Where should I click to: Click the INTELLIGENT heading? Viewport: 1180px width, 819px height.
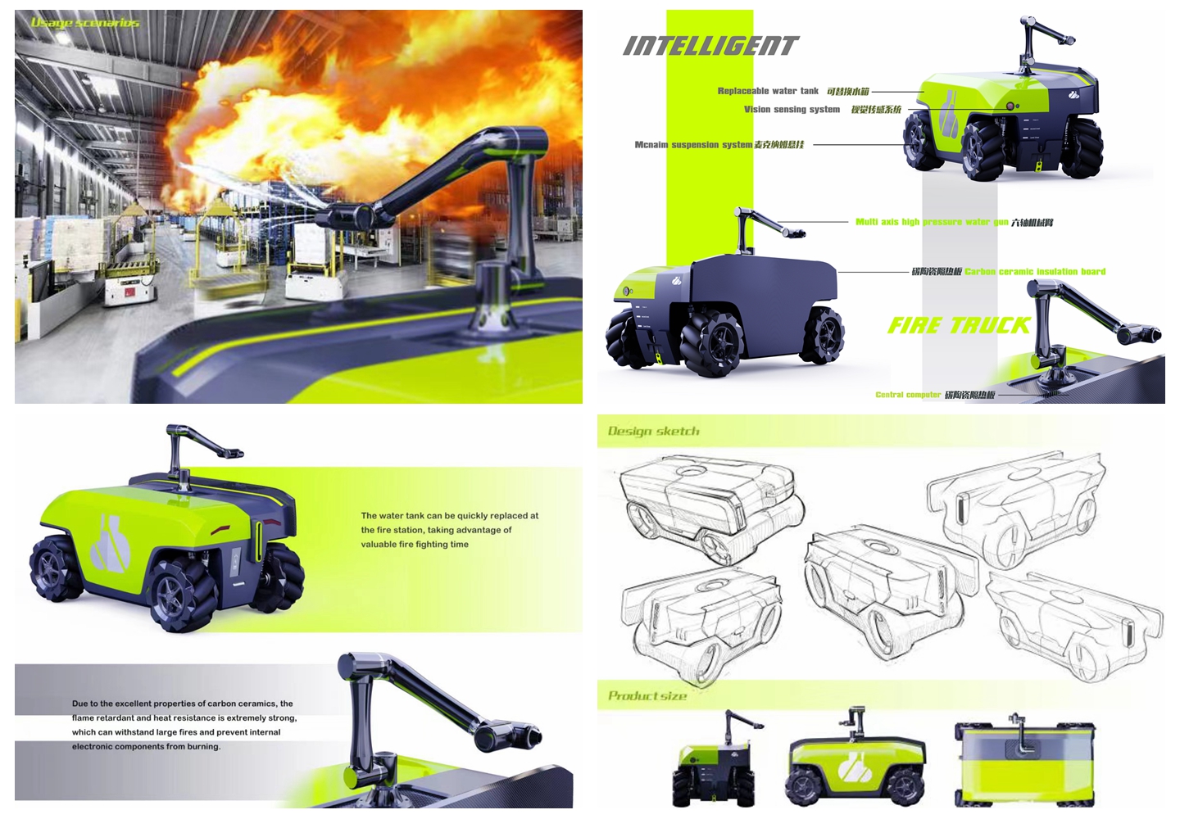pos(710,46)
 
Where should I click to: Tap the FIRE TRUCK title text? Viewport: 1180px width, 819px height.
pos(959,326)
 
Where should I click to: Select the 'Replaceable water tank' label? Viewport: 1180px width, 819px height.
pos(768,91)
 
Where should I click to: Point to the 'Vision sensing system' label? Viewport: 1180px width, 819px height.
pos(792,109)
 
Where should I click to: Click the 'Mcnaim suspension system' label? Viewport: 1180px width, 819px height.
pos(693,145)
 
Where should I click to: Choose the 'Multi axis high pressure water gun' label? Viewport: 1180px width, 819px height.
pos(932,222)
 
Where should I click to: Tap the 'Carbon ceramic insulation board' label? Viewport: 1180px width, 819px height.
pos(1035,271)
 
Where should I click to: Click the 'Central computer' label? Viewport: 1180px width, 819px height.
pos(908,395)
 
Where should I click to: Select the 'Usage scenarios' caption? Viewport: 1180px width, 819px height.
pos(84,23)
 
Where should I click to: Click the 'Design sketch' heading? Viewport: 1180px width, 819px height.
pos(654,431)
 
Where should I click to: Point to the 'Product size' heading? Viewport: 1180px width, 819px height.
pos(647,696)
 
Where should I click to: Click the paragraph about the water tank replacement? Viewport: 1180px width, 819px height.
pos(449,530)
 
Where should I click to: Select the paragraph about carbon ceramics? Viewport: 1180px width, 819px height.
pos(184,725)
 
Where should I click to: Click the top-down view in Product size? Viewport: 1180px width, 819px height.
pos(1024,763)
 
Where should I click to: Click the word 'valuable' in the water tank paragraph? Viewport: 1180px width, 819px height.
pos(379,544)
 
